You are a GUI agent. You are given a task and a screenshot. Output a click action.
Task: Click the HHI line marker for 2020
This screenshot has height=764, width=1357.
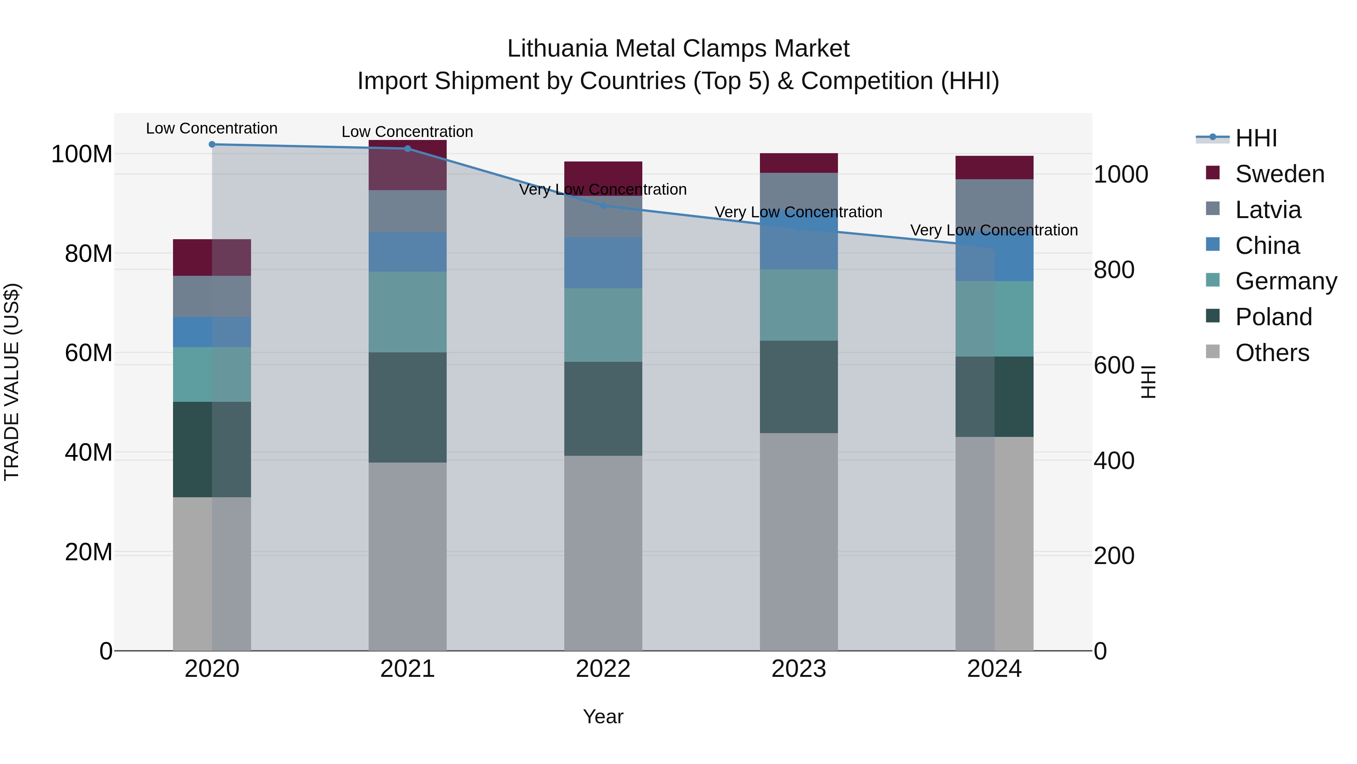212,144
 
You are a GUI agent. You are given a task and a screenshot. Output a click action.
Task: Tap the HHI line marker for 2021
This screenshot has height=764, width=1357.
407,149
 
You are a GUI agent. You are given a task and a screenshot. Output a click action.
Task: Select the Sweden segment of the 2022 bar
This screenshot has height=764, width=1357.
603,178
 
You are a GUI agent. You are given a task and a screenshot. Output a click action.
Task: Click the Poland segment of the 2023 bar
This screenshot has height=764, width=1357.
799,387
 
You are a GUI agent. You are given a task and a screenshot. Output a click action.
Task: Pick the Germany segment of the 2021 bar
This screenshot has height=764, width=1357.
407,312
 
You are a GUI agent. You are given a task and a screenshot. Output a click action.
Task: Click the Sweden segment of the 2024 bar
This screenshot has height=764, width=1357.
994,168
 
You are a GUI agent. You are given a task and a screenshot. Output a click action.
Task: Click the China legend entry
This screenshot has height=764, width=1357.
1267,246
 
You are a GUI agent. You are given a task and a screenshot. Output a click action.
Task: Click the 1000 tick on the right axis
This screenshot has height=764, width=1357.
1121,175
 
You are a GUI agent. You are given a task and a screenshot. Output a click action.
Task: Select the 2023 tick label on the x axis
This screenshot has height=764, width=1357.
799,669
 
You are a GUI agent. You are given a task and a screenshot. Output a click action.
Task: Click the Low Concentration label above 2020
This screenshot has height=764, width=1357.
212,129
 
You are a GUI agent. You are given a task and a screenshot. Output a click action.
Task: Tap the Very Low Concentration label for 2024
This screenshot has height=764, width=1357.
994,231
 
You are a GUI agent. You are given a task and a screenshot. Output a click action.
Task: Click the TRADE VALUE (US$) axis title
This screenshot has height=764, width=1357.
12,382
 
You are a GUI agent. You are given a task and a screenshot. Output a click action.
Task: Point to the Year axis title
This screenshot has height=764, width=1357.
603,716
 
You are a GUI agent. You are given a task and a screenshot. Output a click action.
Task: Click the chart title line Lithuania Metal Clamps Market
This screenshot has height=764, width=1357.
678,49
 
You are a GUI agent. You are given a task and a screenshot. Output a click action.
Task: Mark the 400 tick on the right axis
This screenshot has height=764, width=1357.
1113,461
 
